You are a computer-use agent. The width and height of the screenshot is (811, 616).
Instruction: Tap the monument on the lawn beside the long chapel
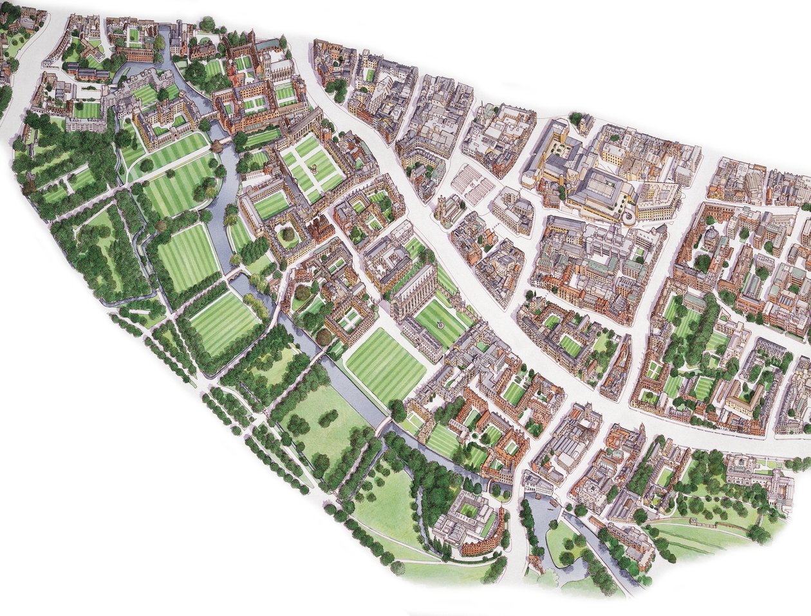tap(441, 325)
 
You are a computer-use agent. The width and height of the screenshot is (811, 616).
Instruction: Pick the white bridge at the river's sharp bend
tap(386, 425)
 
